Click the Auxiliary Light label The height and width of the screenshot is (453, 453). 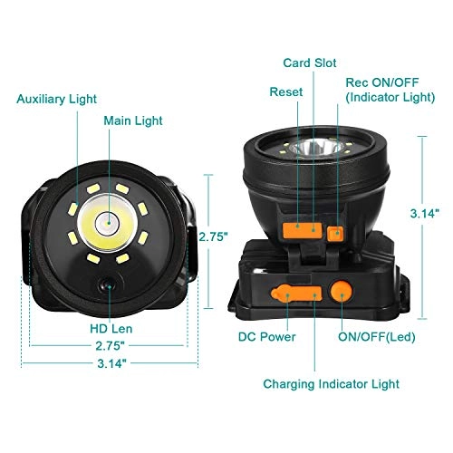[56, 98]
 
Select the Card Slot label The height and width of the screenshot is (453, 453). [311, 63]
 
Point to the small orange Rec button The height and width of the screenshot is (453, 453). [337, 232]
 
